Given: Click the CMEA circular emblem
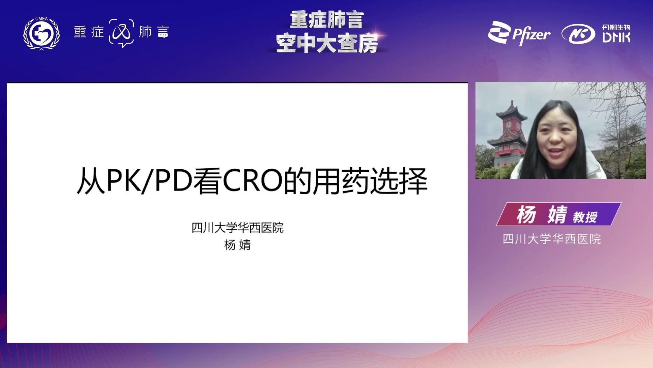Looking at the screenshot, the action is tap(41, 33).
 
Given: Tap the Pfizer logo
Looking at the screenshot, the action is tap(519, 33).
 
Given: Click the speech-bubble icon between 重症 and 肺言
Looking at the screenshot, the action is tap(121, 33).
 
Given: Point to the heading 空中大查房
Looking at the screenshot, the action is tap(327, 43).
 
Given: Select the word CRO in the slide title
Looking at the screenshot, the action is tap(253, 180).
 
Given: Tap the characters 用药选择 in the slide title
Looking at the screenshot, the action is tap(370, 181).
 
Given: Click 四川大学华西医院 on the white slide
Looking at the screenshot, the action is tap(237, 228).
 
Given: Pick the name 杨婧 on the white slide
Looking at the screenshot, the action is tap(237, 245).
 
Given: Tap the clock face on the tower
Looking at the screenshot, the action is tap(509, 125).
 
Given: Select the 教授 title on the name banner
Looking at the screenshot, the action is tap(585, 217).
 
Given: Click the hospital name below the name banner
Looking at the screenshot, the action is tap(552, 239).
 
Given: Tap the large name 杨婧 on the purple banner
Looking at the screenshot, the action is tap(542, 215).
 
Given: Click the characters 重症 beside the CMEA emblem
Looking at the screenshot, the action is tap(89, 32).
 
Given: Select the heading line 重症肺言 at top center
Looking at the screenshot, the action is tap(327, 20).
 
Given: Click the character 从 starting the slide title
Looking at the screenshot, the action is tap(91, 181).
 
